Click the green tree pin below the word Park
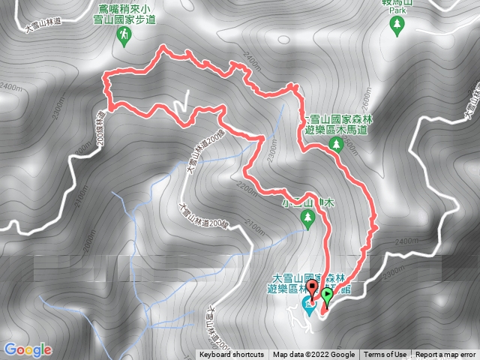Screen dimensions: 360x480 coord(396,26)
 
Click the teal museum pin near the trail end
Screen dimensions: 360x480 coord(307,303)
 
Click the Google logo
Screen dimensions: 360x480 coord(27,349)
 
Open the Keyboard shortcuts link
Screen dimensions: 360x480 coord(231,355)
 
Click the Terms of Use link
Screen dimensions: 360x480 coord(385,355)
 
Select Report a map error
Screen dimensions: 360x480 coord(446,355)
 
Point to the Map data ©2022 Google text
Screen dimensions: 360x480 coord(313,355)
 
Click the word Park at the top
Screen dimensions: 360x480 coord(396,11)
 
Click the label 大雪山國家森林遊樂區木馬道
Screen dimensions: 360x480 coord(341,124)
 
